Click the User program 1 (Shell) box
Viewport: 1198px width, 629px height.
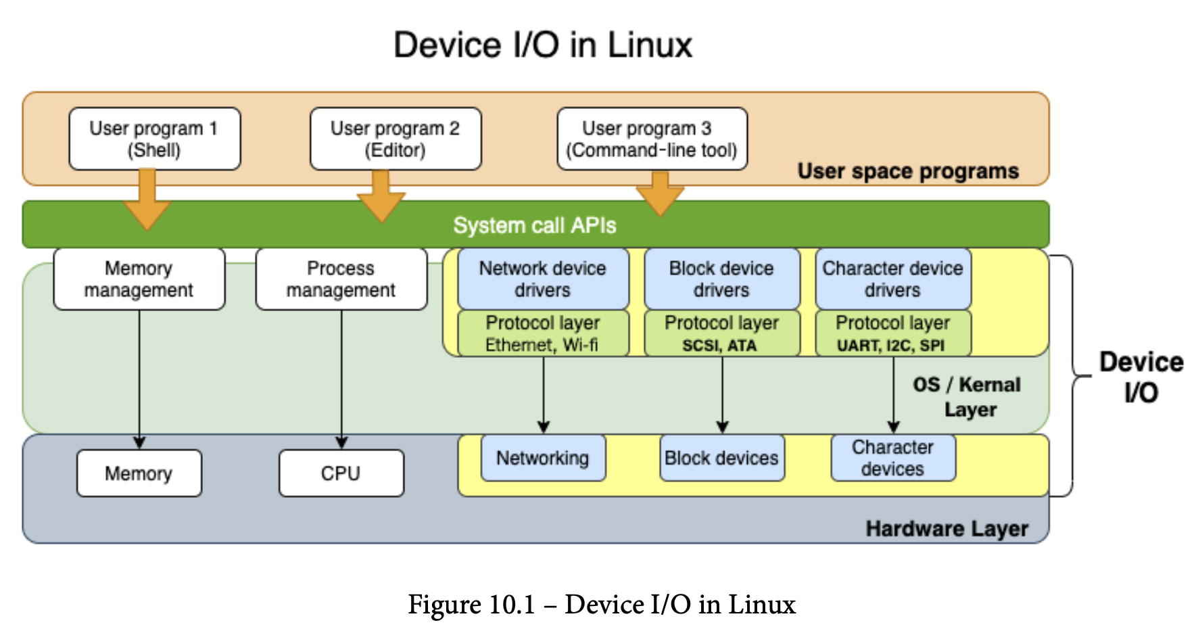154,139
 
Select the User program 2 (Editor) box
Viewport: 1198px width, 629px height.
396,139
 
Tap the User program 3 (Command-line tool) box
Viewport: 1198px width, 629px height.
652,139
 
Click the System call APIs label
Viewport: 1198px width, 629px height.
534,225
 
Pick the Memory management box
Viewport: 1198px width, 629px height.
139,279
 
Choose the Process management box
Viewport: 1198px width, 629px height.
341,279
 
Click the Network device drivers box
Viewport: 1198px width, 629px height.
543,279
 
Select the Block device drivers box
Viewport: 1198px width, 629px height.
721,279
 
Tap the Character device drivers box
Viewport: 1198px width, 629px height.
892,279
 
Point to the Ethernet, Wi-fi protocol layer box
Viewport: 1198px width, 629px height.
543,333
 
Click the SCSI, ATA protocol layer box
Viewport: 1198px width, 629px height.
721,333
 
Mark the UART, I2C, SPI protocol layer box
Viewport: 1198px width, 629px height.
892,333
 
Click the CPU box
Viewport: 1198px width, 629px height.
341,473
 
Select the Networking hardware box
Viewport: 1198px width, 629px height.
543,458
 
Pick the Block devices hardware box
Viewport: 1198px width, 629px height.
721,458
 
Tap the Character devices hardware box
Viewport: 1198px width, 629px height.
892,458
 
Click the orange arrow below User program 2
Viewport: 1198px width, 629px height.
381,197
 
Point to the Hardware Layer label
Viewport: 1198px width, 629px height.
947,528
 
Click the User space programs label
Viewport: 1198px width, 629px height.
907,171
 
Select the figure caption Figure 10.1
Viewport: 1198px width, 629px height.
601,604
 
